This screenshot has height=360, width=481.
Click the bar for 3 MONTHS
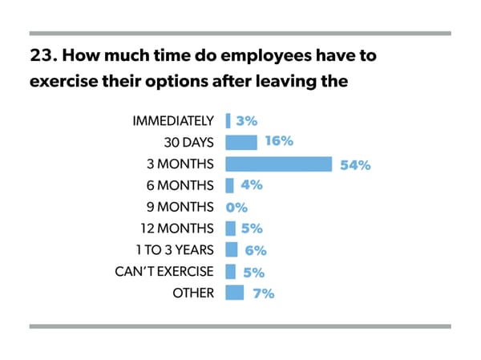point(278,164)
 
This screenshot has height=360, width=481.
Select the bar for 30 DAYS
point(241,143)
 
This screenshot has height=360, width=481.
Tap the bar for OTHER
point(235,293)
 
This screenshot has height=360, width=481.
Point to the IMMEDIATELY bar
point(228,121)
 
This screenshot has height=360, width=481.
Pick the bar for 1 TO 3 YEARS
point(232,249)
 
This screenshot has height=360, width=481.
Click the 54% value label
point(355,165)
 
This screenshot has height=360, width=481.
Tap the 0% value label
point(235,208)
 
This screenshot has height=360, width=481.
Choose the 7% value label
point(262,293)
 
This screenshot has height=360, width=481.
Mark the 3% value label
point(246,122)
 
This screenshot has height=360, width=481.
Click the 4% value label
point(252,186)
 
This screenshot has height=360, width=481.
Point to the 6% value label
point(256,250)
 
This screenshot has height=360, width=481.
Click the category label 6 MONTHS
point(180,186)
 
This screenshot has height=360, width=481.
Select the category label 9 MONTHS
point(180,207)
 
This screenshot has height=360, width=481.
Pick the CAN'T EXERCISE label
point(164,271)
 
